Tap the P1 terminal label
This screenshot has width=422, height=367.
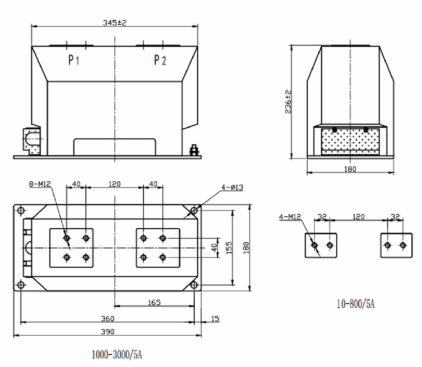click(x=73, y=60)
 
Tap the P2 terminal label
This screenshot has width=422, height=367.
click(x=160, y=60)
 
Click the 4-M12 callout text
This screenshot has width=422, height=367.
click(x=290, y=217)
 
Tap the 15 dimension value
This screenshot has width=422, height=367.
click(x=215, y=319)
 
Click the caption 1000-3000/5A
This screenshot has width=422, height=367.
click(x=117, y=356)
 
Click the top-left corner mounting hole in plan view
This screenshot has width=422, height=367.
click(x=21, y=210)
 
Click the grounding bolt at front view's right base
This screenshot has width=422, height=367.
click(x=195, y=151)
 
